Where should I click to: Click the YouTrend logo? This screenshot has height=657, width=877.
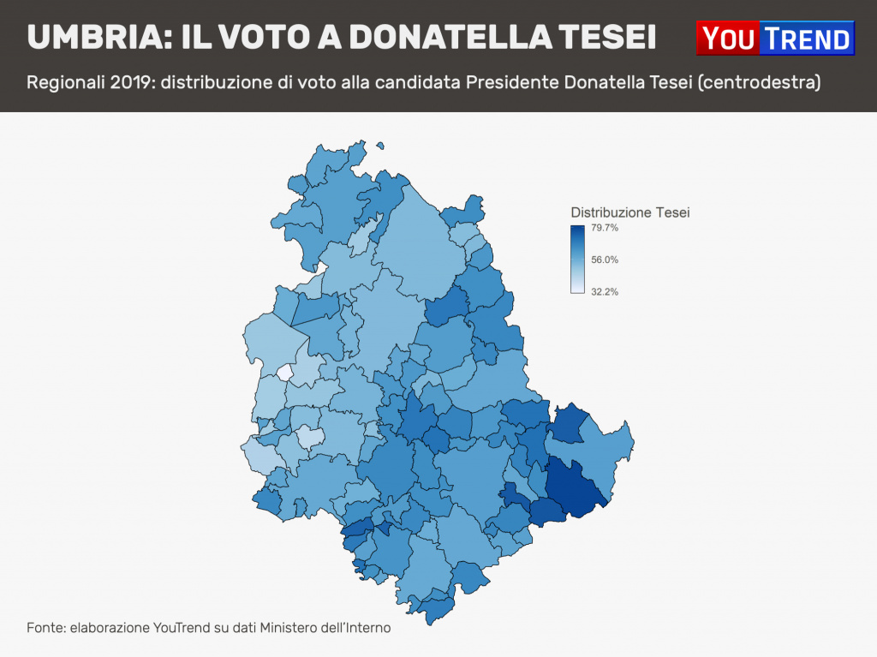coord(776,39)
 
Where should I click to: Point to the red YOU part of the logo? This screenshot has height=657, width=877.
coord(729,39)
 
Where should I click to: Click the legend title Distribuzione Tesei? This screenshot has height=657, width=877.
coord(629,212)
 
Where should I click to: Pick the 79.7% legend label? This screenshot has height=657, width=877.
coord(605,228)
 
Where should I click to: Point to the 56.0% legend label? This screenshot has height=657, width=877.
coord(605,260)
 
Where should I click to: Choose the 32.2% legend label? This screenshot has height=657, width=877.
coord(605,291)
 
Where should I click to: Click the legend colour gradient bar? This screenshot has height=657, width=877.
coord(577,260)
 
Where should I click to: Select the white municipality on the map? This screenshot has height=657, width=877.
coord(284,373)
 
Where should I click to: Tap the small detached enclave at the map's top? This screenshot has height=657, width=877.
coord(380,146)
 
